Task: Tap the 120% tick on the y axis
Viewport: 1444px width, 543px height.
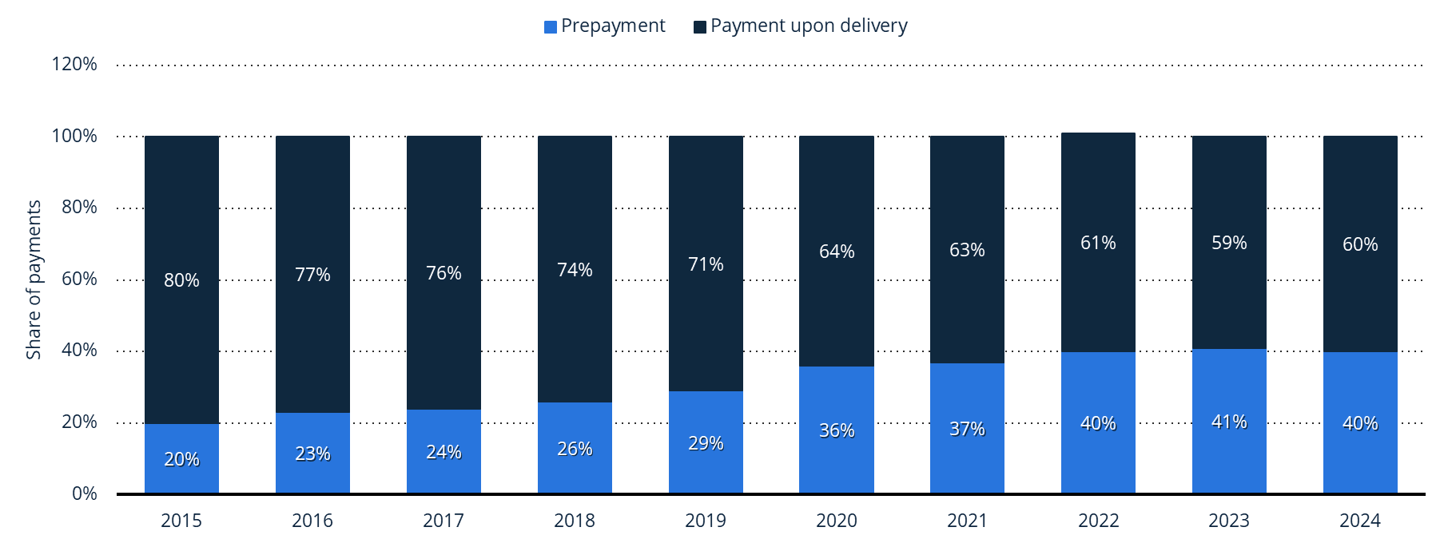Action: tap(74, 64)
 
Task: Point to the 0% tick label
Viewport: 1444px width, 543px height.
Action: tap(84, 493)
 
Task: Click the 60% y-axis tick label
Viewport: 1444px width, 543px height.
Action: tap(79, 279)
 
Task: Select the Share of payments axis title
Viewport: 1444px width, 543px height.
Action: tap(34, 279)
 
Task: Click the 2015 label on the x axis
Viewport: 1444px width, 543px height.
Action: tap(181, 521)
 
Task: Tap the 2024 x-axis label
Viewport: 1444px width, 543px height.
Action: tap(1360, 521)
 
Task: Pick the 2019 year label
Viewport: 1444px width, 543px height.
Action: tap(706, 521)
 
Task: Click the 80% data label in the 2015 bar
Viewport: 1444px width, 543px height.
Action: tap(181, 280)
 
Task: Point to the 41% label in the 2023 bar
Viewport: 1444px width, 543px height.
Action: tap(1229, 422)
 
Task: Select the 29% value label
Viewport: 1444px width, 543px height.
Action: tap(706, 443)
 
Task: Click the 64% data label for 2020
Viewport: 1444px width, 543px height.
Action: tap(837, 252)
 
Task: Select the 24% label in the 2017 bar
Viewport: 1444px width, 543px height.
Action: tap(444, 452)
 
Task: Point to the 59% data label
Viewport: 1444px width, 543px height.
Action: tap(1229, 243)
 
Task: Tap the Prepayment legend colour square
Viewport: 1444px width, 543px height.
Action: tap(550, 27)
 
